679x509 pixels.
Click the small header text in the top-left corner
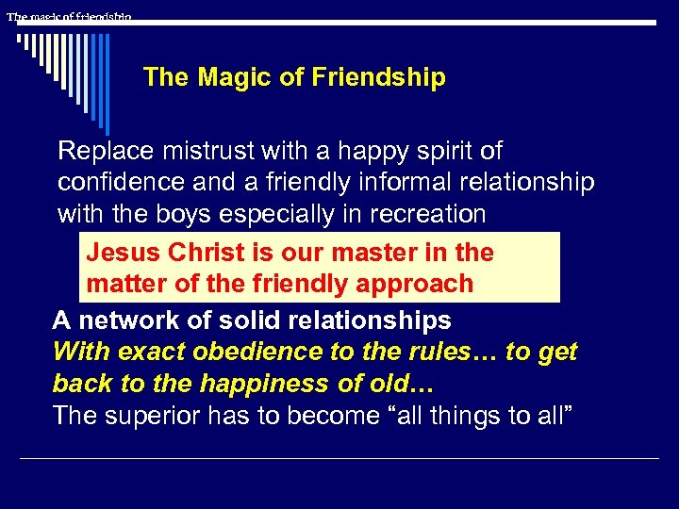point(69,17)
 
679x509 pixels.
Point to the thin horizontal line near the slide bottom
point(339,459)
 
